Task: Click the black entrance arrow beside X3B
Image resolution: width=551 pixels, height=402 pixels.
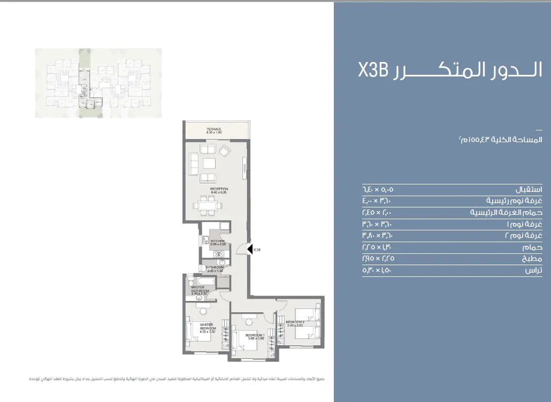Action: click(250, 249)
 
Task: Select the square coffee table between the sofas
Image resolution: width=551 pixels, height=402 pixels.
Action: click(209, 163)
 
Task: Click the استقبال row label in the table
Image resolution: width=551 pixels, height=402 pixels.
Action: click(528, 190)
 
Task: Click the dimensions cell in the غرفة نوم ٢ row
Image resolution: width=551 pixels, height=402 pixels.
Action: click(381, 236)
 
